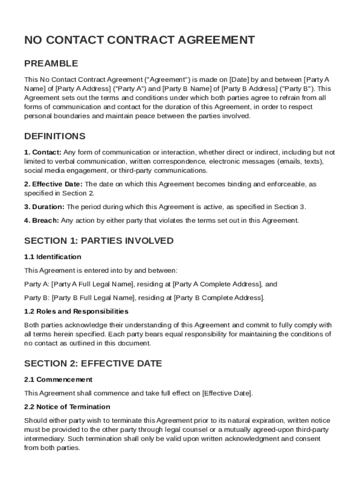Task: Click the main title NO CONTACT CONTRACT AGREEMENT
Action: pyautogui.click(x=139, y=40)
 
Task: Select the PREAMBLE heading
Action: pyautogui.click(x=51, y=64)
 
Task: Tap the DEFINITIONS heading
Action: pyautogui.click(x=55, y=137)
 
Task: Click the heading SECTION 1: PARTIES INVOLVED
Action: pyautogui.click(x=99, y=241)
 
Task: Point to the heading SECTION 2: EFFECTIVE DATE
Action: pyautogui.click(x=93, y=363)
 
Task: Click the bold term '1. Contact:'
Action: pyautogui.click(x=43, y=152)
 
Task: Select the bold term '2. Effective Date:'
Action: pyautogui.click(x=53, y=184)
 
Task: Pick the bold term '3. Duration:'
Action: pyautogui.click(x=45, y=207)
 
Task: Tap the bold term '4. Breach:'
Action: pyautogui.click(x=42, y=220)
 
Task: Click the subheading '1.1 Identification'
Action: pyautogui.click(x=53, y=257)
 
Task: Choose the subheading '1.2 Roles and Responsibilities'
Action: pyautogui.click(x=76, y=311)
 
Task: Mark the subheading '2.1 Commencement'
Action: pyautogui.click(x=58, y=379)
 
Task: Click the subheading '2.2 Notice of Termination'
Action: pyautogui.click(x=67, y=406)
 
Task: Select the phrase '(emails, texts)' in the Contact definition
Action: pyautogui.click(x=300, y=161)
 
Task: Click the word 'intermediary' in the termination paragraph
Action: pyautogui.click(x=44, y=439)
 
